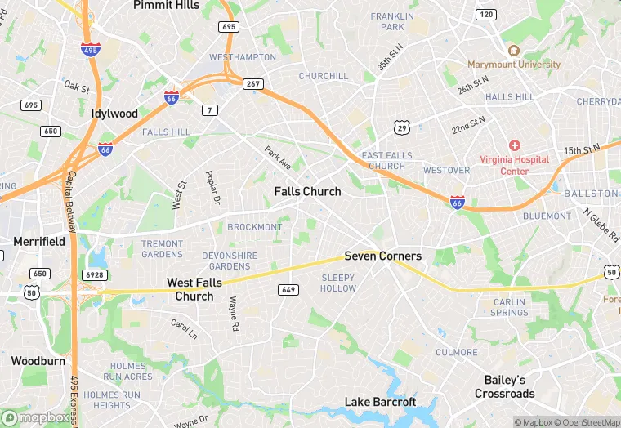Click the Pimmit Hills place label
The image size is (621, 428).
[166, 5]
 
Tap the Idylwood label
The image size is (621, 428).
[114, 114]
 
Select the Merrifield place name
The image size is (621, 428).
[39, 242]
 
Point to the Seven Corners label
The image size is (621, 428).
[382, 256]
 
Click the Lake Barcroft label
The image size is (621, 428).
[380, 402]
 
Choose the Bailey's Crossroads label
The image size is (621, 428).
[504, 386]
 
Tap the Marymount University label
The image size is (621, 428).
[514, 65]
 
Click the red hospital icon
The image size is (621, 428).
[514, 145]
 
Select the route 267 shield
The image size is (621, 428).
[252, 83]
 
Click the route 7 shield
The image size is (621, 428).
[211, 109]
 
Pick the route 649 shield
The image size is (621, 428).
[288, 290]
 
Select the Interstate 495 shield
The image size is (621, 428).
[91, 49]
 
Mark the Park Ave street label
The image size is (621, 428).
[278, 158]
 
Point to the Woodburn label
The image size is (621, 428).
[38, 360]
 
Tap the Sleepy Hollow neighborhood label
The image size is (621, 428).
[337, 283]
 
